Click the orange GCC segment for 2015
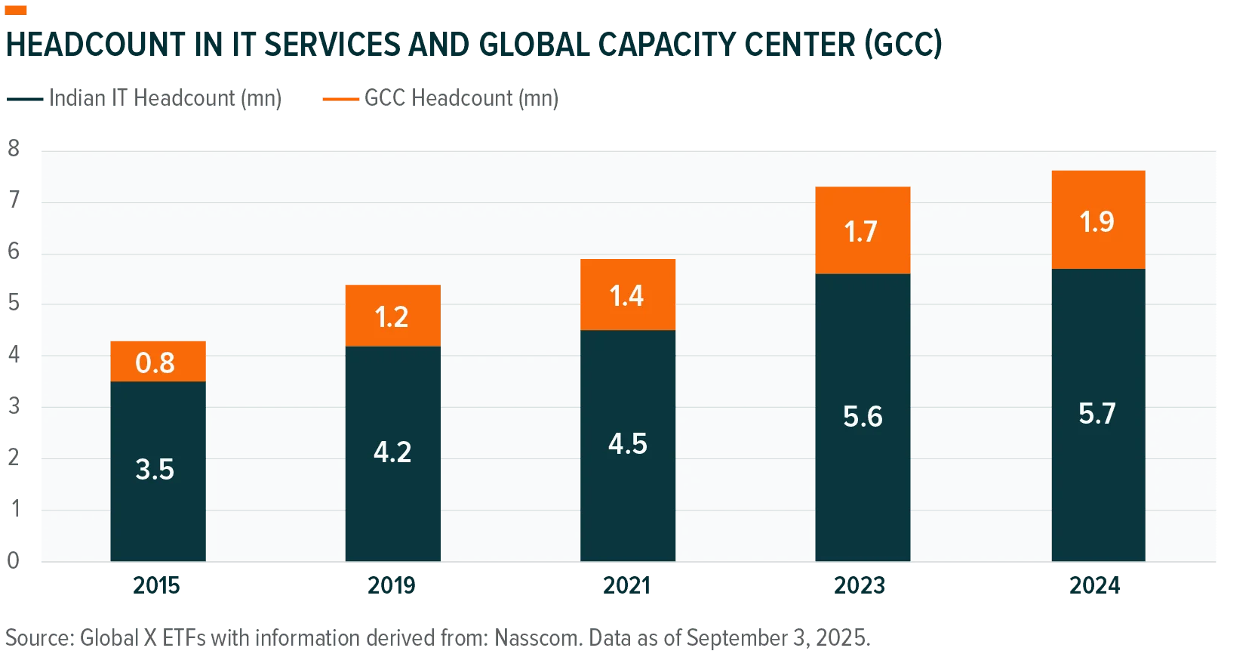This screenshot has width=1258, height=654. (158, 361)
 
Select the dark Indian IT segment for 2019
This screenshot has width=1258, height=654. (392, 453)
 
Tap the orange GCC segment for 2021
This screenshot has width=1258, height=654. (628, 295)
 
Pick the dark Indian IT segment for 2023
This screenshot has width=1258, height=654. (863, 418)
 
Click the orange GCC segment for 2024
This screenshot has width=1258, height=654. (1099, 220)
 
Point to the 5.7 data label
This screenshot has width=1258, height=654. (1097, 414)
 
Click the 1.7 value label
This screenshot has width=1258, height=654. (861, 232)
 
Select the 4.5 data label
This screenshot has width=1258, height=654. (628, 444)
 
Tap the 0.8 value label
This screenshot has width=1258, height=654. (155, 362)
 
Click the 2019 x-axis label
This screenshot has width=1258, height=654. (392, 585)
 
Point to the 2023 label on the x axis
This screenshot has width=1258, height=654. (860, 585)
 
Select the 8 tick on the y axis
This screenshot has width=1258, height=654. (14, 148)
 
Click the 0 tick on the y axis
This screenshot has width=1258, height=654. (14, 560)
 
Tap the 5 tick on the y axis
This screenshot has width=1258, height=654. (14, 303)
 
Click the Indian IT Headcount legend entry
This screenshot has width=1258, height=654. (144, 98)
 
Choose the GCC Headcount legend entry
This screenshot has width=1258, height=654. (441, 98)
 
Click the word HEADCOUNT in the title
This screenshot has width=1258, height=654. (96, 45)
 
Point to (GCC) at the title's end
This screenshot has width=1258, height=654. (903, 45)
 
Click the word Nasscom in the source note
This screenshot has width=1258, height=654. (537, 638)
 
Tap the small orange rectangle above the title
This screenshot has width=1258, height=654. (15, 10)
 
